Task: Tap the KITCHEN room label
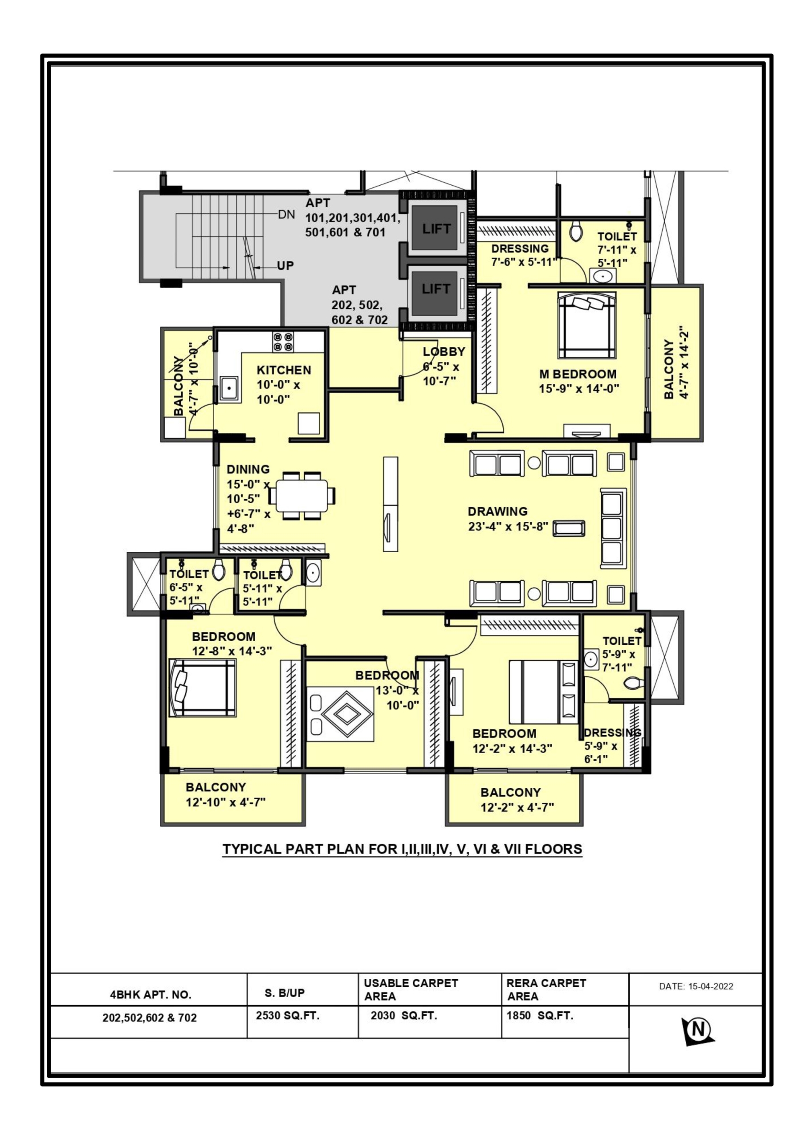[x=284, y=370]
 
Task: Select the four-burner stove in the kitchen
[x=283, y=342]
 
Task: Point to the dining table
[x=301, y=496]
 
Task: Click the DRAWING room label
[x=497, y=511]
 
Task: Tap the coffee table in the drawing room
[x=569, y=528]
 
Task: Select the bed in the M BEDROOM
[x=586, y=325]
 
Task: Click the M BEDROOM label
[x=578, y=374]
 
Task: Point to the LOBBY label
[x=444, y=351]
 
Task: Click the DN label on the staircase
[x=286, y=215]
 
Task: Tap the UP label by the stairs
[x=285, y=266]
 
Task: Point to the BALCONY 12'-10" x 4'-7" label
[x=226, y=794]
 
